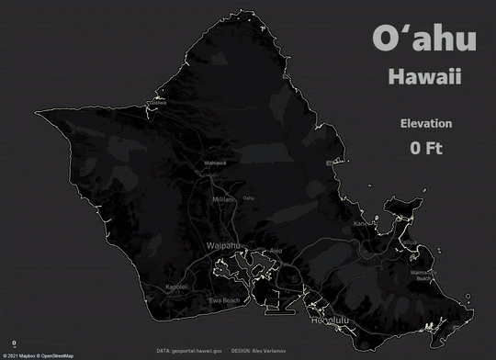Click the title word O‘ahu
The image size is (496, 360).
424,39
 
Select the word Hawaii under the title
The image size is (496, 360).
423,77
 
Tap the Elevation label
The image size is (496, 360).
425,124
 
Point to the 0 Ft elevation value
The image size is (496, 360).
426,147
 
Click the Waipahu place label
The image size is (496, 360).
224,246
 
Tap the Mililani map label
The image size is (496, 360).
224,199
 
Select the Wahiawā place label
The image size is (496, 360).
215,163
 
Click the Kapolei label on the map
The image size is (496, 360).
176,287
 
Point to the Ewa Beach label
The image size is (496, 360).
225,300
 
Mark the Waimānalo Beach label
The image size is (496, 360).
423,275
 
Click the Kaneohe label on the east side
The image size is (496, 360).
366,222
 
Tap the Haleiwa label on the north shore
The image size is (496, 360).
159,103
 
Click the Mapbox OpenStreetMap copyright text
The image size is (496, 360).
38,354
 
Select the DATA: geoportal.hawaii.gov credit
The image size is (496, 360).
189,350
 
